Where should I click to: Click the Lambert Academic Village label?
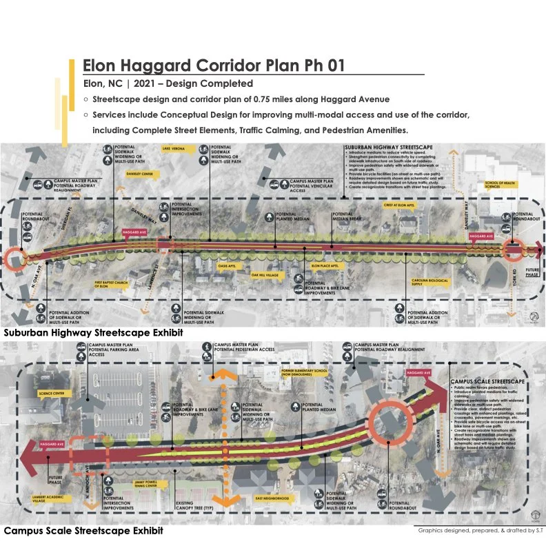(x=49, y=498)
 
